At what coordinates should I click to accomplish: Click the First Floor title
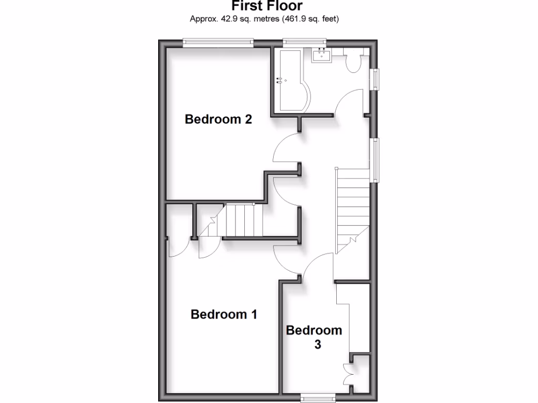click(267, 6)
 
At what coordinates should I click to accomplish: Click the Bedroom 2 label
click(218, 119)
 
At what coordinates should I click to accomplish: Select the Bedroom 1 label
click(224, 314)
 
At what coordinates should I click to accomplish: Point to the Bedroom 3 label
click(314, 337)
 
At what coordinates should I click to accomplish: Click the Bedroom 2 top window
click(218, 42)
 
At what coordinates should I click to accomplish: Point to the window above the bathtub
click(304, 42)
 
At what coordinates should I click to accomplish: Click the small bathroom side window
click(375, 80)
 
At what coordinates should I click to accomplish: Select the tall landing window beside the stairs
click(375, 160)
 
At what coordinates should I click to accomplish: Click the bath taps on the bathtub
click(280, 80)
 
